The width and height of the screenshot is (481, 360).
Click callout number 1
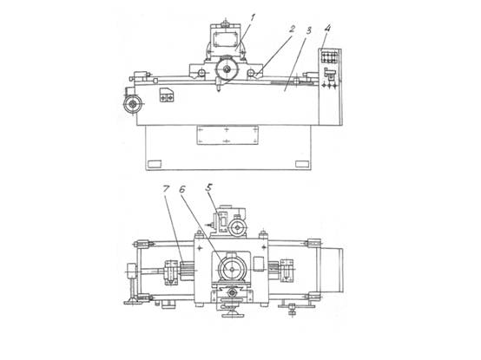coord(252,18)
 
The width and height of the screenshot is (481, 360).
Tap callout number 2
coord(292,29)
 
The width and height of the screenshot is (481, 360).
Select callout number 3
coord(308,30)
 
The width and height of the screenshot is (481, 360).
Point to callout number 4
coord(327,29)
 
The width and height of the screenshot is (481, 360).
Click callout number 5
coord(209,188)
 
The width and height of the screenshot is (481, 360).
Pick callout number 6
coord(182,189)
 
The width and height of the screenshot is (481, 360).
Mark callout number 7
coord(166,189)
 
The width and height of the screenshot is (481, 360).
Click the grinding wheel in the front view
coord(227,69)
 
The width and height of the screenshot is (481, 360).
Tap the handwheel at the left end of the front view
coord(133,104)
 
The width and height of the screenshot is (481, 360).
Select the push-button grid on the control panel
coord(328,57)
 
